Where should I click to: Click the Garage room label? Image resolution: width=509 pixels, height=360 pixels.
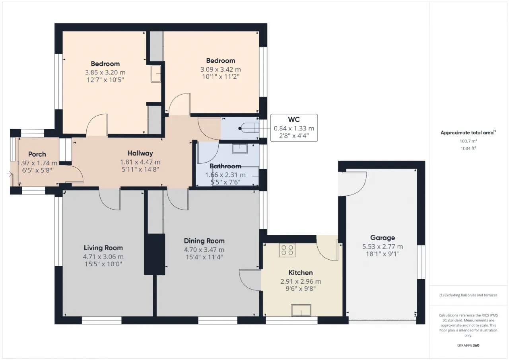[383, 238]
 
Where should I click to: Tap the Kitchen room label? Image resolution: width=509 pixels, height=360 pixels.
[301, 272]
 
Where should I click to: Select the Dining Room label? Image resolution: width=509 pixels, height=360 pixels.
[204, 241]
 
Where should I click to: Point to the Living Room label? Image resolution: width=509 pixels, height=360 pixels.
[103, 248]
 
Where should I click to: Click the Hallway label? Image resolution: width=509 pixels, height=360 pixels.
[140, 153]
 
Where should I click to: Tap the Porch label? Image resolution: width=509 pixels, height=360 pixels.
[37, 154]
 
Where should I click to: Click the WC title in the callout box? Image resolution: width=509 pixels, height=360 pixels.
[294, 120]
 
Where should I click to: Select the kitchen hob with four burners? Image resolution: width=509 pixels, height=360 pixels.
[287, 250]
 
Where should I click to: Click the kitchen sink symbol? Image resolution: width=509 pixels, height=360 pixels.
[301, 310]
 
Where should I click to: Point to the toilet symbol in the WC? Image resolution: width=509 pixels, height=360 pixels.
[249, 128]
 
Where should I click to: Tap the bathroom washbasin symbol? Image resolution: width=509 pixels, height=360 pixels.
[240, 148]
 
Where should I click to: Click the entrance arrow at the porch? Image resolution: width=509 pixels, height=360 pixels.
[10, 174]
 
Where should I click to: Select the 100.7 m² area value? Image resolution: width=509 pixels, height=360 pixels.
[468, 141]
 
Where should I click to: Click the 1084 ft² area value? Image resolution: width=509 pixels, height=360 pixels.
[468, 148]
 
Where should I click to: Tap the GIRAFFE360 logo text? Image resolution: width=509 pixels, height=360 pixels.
[468, 345]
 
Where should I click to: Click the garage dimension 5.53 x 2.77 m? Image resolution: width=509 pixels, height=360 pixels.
[383, 247]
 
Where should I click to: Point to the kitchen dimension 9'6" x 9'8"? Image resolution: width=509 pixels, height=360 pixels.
[301, 289]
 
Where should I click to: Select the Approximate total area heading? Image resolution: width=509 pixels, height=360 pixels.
[468, 132]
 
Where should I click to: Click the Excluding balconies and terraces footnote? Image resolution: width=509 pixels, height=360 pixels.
[468, 295]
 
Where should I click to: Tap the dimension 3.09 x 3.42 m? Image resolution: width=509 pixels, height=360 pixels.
[220, 69]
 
